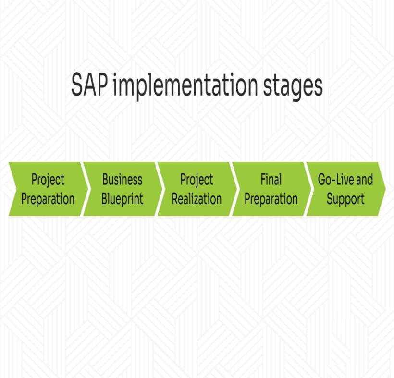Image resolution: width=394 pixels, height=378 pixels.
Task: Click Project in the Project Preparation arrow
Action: (x=48, y=180)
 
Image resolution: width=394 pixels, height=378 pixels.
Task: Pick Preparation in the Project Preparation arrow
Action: (x=48, y=199)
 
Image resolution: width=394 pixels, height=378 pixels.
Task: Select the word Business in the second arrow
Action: (x=122, y=180)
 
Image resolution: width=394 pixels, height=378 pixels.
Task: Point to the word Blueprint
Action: (x=122, y=199)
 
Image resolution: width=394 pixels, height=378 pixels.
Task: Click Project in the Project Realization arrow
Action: (x=197, y=180)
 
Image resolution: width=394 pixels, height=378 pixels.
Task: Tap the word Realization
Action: (x=197, y=199)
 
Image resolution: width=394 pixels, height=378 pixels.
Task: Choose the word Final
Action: (x=271, y=180)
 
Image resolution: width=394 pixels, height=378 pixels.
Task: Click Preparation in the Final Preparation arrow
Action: (x=271, y=199)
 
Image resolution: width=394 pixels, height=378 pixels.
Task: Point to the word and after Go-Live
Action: (x=364, y=180)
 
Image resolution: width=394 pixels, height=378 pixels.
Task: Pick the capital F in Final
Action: (x=263, y=180)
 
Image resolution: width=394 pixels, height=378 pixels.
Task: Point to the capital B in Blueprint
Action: (x=104, y=198)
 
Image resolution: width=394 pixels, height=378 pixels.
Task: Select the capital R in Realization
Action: (x=175, y=198)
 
